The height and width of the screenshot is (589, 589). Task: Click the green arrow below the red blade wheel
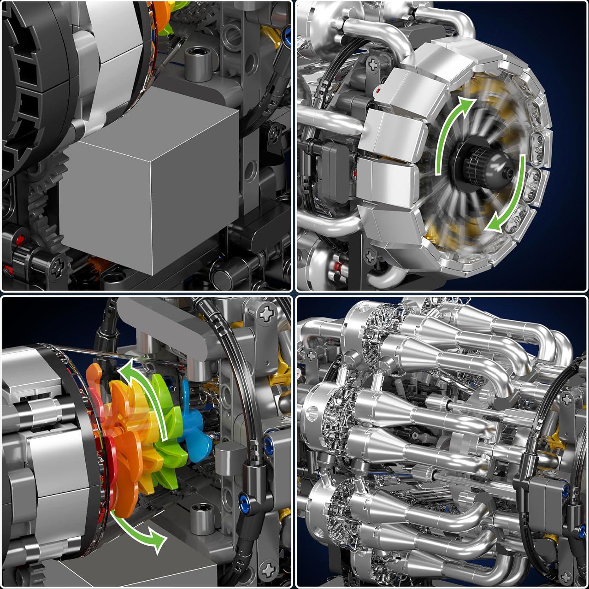pyautogui.click(x=137, y=530)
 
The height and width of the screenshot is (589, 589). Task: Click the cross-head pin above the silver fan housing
pyautogui.click(x=372, y=63)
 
